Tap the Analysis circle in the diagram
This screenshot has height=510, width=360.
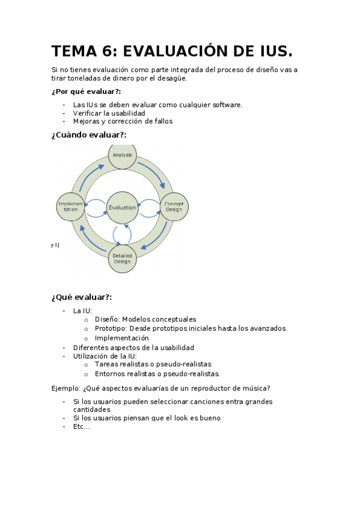pyautogui.click(x=122, y=155)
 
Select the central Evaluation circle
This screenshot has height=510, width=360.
pyautogui.click(x=122, y=207)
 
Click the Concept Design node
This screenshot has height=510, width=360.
pyautogui.click(x=174, y=206)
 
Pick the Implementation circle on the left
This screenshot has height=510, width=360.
pyautogui.click(x=71, y=207)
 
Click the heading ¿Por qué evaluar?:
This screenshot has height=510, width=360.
pyautogui.click(x=86, y=91)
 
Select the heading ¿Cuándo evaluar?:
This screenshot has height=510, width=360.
pyautogui.click(x=89, y=135)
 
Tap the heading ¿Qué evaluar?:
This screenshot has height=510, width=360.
pyautogui.click(x=82, y=297)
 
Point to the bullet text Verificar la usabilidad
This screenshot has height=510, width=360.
pyautogui.click(x=109, y=113)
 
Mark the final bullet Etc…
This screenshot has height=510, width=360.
pyautogui.click(x=81, y=426)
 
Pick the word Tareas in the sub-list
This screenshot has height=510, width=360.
pyautogui.click(x=106, y=364)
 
